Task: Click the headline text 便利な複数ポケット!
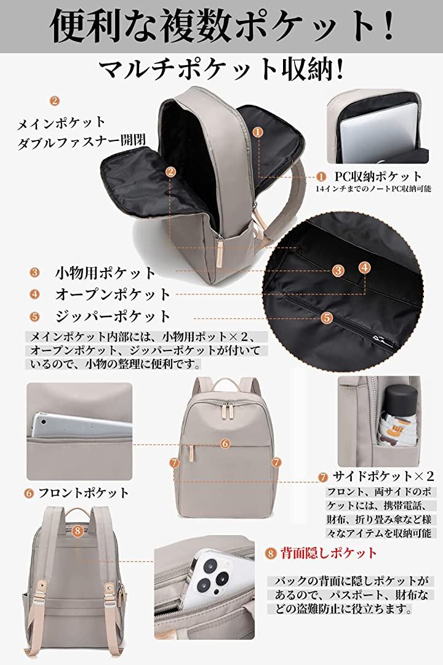[221, 26]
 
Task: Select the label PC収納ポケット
[378, 177]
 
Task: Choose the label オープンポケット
[113, 294]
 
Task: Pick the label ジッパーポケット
[113, 316]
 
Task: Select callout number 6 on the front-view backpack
[225, 443]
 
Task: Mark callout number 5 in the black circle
[327, 318]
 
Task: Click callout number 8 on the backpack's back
[78, 530]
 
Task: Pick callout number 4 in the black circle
[365, 267]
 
